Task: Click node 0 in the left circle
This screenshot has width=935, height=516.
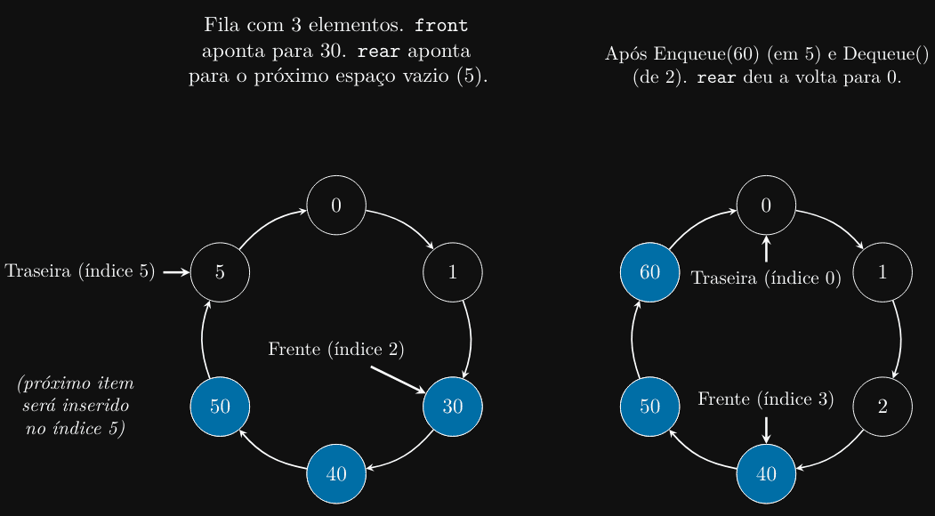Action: (336, 206)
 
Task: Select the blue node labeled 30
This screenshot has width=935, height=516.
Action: (453, 407)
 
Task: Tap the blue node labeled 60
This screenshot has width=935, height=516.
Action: (650, 272)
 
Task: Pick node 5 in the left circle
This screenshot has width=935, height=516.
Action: (220, 272)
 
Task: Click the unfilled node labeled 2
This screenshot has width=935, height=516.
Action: (883, 407)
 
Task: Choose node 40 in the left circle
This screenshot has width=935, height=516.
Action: (336, 473)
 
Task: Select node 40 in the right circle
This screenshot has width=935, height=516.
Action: (766, 473)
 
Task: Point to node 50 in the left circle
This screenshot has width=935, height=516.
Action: (220, 407)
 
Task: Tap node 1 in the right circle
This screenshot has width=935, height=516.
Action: (883, 272)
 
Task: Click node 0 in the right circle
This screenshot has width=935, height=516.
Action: (766, 206)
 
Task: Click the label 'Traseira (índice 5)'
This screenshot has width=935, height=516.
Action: (80, 271)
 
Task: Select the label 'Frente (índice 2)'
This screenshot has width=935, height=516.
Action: (336, 350)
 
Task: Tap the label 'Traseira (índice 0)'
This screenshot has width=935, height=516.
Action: (766, 278)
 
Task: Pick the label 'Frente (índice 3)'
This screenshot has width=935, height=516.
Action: (766, 399)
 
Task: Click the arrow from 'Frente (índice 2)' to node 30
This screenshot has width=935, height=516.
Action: (399, 380)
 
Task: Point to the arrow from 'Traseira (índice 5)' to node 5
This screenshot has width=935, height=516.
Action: (176, 272)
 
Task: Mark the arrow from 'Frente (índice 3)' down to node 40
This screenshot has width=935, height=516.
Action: (766, 429)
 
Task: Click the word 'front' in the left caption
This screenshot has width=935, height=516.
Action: (441, 25)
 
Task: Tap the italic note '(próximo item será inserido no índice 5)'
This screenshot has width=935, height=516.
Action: (76, 407)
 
